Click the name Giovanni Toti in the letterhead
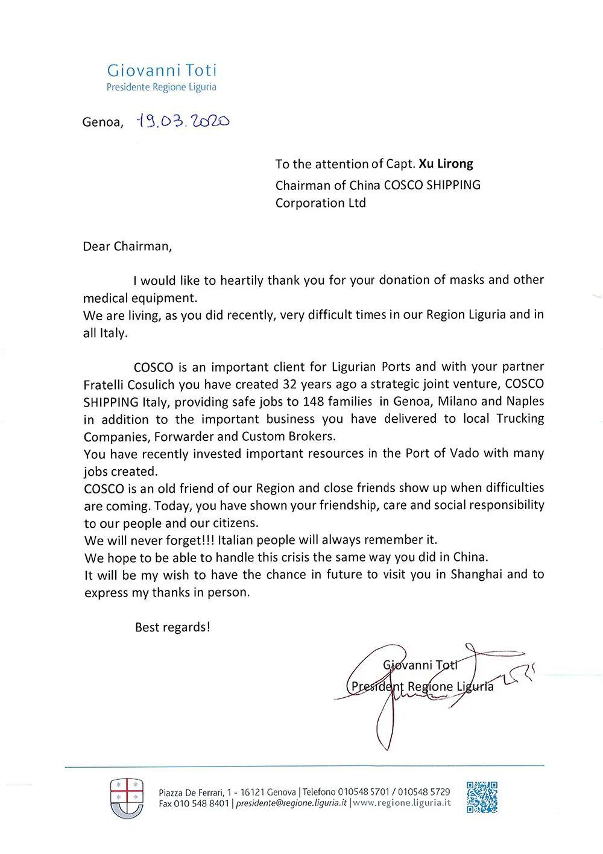pyautogui.click(x=162, y=71)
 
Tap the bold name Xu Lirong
pyautogui.click(x=446, y=163)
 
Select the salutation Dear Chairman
pyautogui.click(x=127, y=246)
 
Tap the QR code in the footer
pyautogui.click(x=482, y=797)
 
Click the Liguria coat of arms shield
pyautogui.click(x=127, y=797)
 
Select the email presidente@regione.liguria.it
pyautogui.click(x=291, y=803)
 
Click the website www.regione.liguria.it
pyautogui.click(x=402, y=803)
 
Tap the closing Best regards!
pyautogui.click(x=172, y=627)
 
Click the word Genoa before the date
pyautogui.click(x=102, y=122)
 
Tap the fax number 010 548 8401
pyautogui.click(x=201, y=803)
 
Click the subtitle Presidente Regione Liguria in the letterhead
pyautogui.click(x=161, y=87)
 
